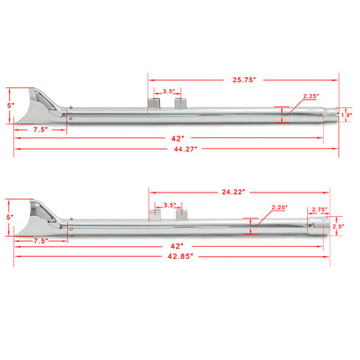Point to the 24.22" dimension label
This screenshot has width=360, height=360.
(232, 192)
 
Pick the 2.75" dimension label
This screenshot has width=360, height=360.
(319, 210)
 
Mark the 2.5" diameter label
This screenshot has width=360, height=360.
(338, 226)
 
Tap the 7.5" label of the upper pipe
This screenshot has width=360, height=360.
(40, 131)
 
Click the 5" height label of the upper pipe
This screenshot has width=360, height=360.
(8, 105)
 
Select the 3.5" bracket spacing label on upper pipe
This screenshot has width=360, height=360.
(168, 91)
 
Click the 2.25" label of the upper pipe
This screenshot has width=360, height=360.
(310, 97)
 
